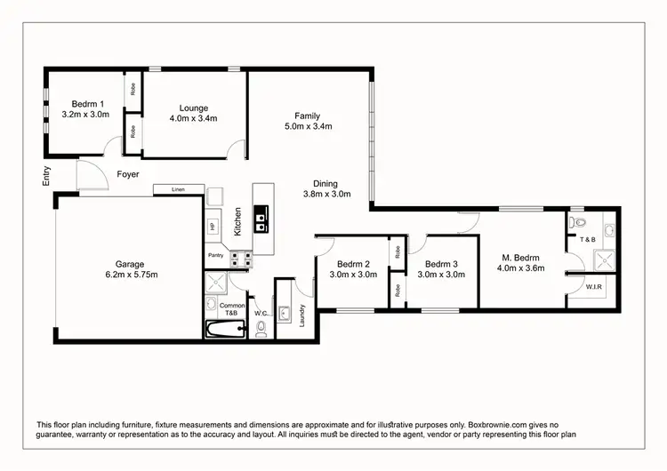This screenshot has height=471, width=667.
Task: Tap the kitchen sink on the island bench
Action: (x=262, y=219)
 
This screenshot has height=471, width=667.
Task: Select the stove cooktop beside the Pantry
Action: (x=241, y=259)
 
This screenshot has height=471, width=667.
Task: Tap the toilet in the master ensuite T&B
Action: (x=579, y=223)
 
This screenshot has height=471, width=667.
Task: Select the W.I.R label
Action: (x=594, y=286)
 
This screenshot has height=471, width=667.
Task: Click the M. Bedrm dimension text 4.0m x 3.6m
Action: (x=520, y=267)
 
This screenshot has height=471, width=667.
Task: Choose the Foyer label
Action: (x=128, y=174)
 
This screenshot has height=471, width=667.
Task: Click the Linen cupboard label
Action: (x=177, y=189)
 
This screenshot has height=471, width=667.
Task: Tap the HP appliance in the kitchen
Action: (x=213, y=227)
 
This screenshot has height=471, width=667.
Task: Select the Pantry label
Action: (x=215, y=256)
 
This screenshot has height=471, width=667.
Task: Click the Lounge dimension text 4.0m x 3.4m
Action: (x=194, y=117)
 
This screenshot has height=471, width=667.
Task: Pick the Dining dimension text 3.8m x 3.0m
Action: (x=326, y=194)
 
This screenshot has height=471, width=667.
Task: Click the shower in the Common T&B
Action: (x=214, y=283)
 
